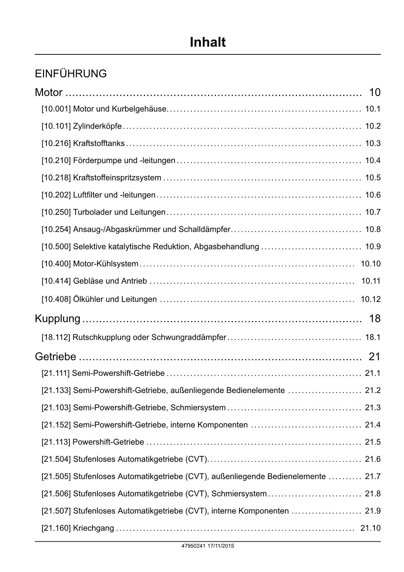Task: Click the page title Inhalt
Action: click(x=208, y=42)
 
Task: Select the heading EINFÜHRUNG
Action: click(x=71, y=74)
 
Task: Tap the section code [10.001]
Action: click(x=56, y=109)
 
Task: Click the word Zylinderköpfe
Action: click(x=97, y=126)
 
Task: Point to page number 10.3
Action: click(x=373, y=143)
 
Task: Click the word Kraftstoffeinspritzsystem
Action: click(x=117, y=178)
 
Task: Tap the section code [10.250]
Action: click(x=56, y=212)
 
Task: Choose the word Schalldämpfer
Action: click(x=204, y=230)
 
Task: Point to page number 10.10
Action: click(x=370, y=264)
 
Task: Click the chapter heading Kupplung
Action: click(x=58, y=319)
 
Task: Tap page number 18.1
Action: click(x=373, y=337)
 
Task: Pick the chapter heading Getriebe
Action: click(x=55, y=357)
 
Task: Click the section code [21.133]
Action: click(x=56, y=390)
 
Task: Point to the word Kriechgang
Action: click(x=94, y=528)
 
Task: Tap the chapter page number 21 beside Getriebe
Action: click(x=374, y=357)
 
